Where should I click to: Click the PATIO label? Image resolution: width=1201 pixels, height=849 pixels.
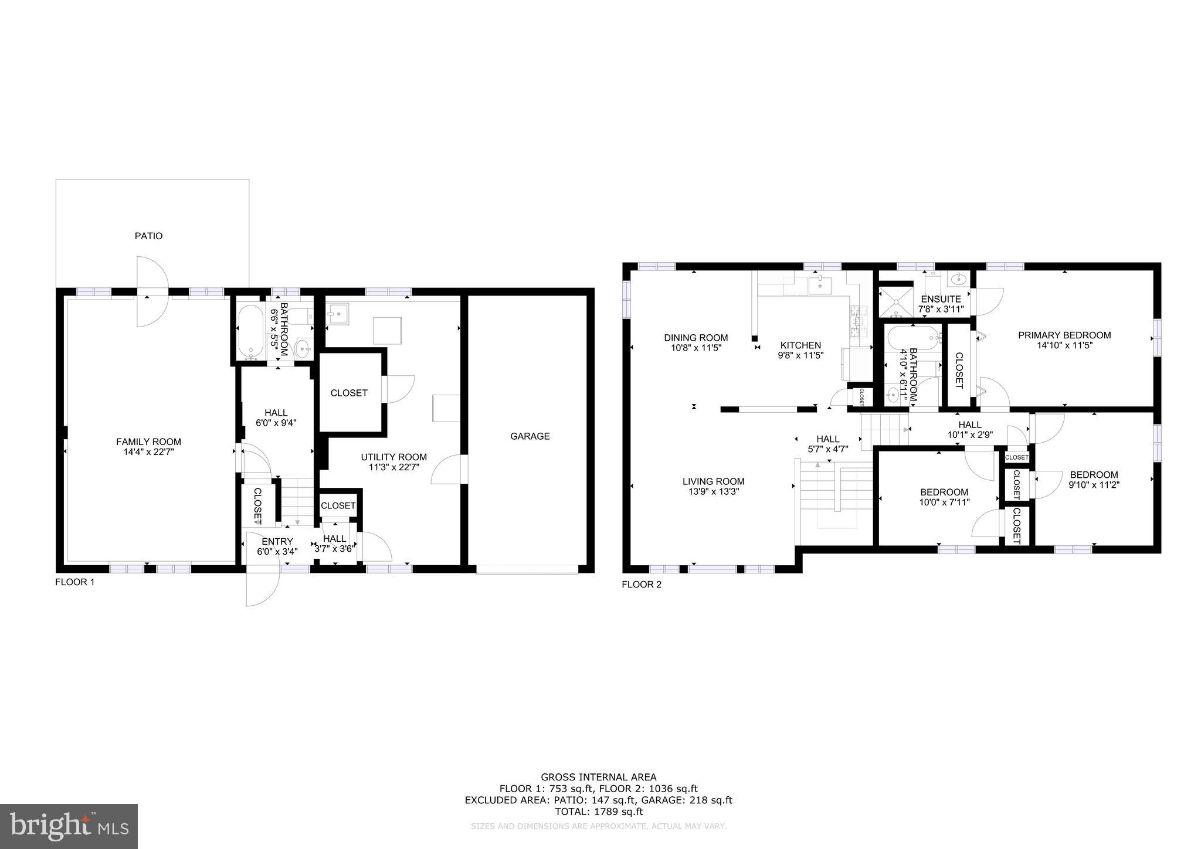[x=148, y=236]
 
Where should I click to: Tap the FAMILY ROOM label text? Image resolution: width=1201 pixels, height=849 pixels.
[x=148, y=442]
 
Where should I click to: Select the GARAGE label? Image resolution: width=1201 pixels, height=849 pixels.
[x=530, y=436]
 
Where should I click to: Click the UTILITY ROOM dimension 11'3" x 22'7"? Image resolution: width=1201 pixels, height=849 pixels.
[x=393, y=467]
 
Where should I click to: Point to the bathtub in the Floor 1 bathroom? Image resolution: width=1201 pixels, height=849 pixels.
[x=251, y=332]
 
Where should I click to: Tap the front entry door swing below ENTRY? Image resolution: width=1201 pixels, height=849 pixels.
[x=262, y=586]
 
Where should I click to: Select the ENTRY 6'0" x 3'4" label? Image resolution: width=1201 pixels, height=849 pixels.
[x=277, y=546]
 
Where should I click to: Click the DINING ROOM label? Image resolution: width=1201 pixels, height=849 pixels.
[x=696, y=338]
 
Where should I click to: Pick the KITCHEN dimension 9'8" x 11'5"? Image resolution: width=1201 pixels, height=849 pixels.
[x=800, y=355]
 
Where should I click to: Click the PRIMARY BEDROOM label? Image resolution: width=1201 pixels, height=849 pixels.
[x=1064, y=335]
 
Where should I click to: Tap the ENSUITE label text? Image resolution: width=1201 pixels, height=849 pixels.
[x=941, y=299]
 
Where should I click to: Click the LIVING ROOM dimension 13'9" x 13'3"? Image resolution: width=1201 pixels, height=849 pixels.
[x=713, y=492]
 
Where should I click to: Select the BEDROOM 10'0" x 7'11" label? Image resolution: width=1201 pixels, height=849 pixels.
[x=944, y=497]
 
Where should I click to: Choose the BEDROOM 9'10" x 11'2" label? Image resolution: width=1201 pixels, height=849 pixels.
[x=1093, y=480]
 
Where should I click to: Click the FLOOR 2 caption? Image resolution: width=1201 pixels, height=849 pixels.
[x=641, y=585]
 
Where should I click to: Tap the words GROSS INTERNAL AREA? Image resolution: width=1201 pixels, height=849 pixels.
[x=598, y=777]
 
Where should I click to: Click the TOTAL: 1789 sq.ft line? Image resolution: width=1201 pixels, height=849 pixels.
[x=598, y=811]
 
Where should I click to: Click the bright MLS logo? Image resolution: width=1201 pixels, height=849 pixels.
[x=69, y=826]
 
